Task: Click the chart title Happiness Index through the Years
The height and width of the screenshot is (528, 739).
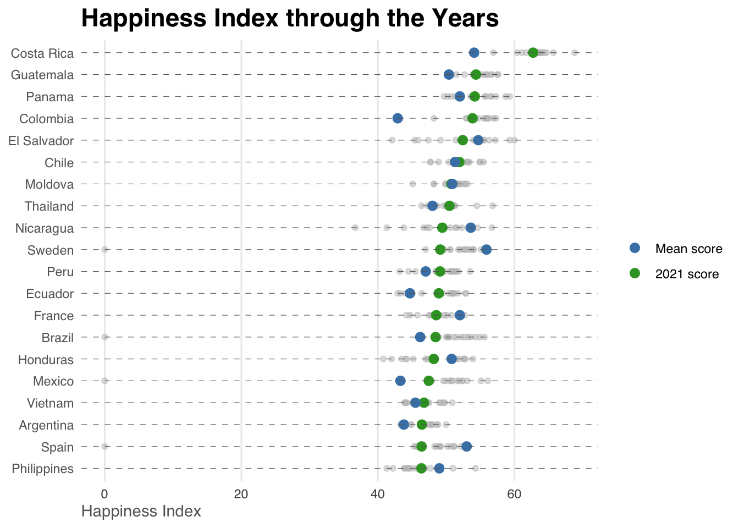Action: pyautogui.click(x=290, y=19)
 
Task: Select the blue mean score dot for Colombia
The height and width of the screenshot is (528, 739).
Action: pyautogui.click(x=398, y=118)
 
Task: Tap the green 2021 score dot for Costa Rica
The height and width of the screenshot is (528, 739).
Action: pyautogui.click(x=533, y=53)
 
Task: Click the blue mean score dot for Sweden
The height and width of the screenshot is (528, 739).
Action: pyautogui.click(x=486, y=250)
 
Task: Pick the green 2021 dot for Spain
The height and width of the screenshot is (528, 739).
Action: pyautogui.click(x=421, y=446)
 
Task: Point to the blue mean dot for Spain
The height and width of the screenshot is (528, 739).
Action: pyautogui.click(x=466, y=446)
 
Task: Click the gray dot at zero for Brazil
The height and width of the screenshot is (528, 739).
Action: pyautogui.click(x=104, y=337)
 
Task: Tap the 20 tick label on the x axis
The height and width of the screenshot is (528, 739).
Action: pyautogui.click(x=241, y=494)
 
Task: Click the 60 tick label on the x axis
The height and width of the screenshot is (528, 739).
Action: pyautogui.click(x=514, y=494)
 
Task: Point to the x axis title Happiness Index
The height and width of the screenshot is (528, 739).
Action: pyautogui.click(x=141, y=512)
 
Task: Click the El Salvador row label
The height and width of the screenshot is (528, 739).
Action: pyautogui.click(x=41, y=141)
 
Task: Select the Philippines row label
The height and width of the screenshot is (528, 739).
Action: pyautogui.click(x=43, y=469)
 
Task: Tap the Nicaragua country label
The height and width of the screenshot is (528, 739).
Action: pyautogui.click(x=45, y=228)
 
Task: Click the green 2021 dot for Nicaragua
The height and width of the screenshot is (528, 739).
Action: pyautogui.click(x=442, y=228)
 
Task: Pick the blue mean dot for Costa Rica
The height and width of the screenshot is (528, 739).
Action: pyautogui.click(x=474, y=53)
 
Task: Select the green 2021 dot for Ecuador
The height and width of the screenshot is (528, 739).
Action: pyautogui.click(x=438, y=293)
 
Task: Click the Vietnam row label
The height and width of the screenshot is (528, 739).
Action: pyautogui.click(x=50, y=403)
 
